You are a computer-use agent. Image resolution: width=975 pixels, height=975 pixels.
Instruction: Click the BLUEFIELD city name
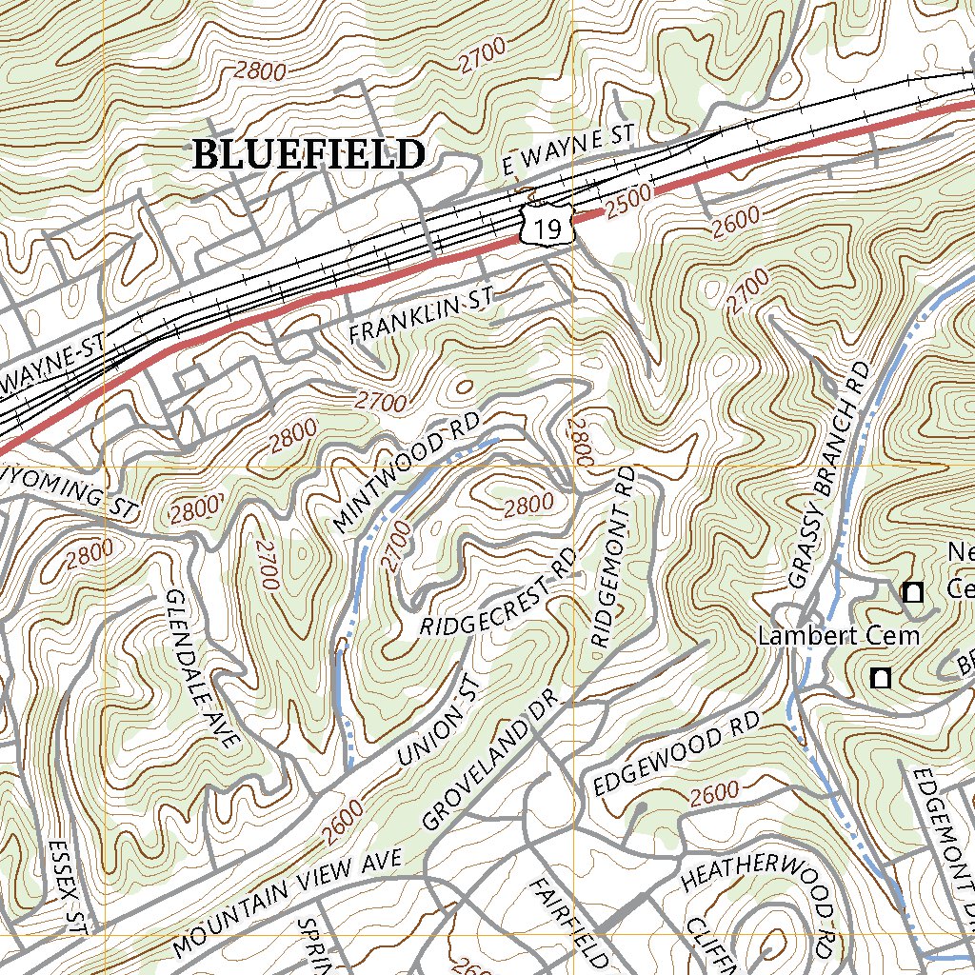point(308,154)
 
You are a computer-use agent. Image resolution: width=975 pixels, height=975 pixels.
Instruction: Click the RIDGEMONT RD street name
point(613,557)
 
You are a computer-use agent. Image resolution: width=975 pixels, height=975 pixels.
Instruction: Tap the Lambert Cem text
point(838,636)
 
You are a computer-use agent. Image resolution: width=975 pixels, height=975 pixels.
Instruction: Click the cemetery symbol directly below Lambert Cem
point(881,678)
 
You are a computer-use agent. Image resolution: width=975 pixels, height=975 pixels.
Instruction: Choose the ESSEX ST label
point(68,886)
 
